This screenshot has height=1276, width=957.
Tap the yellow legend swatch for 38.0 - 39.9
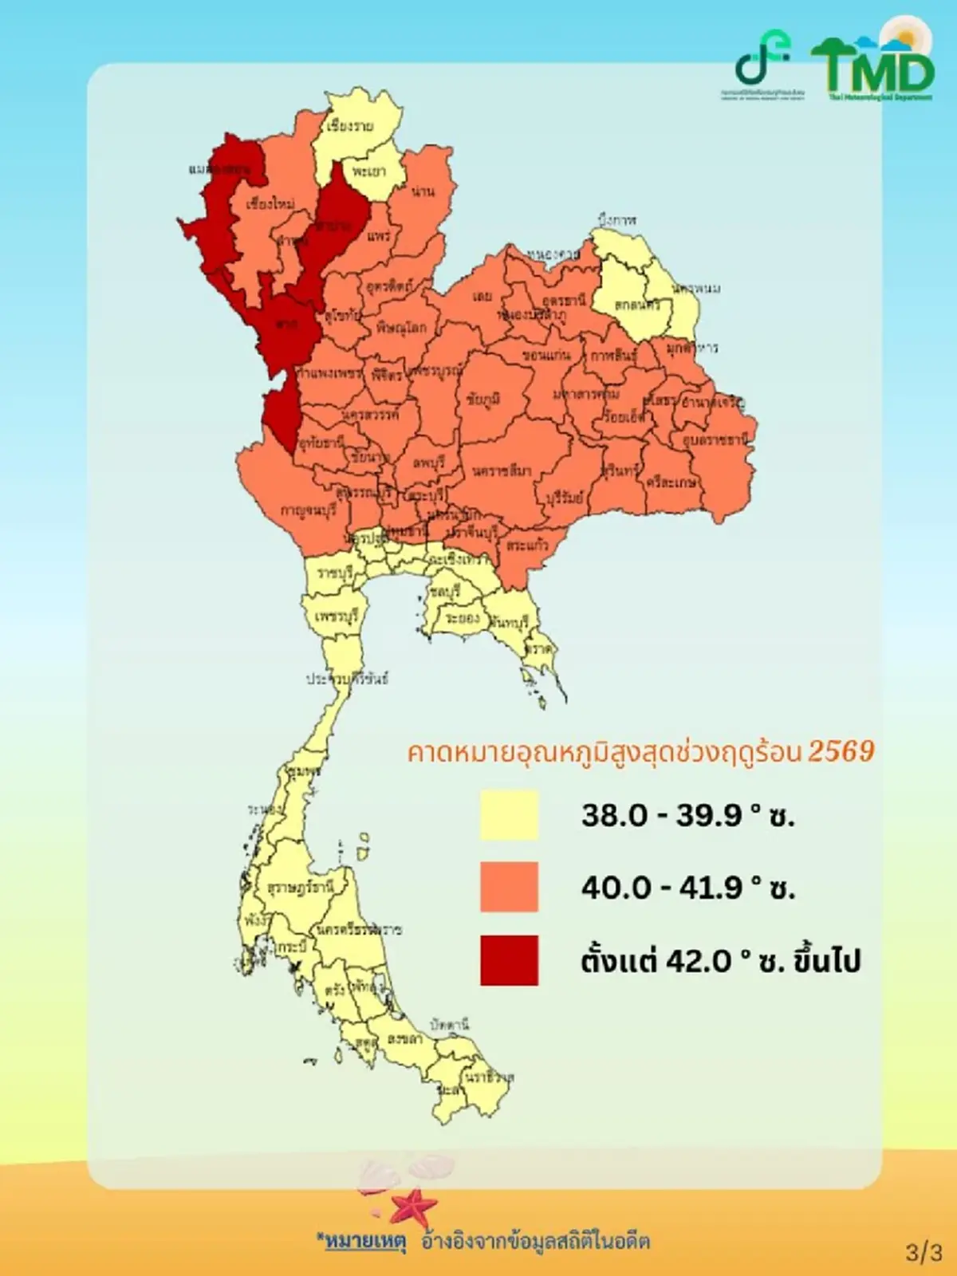(x=509, y=815)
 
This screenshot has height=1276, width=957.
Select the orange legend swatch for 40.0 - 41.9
(x=509, y=887)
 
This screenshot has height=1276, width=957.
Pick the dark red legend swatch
(x=509, y=960)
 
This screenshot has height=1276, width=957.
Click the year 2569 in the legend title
(x=841, y=751)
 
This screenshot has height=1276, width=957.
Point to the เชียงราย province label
(x=350, y=127)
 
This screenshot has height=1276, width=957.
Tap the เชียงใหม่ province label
(x=270, y=204)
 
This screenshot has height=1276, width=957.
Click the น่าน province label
(x=423, y=191)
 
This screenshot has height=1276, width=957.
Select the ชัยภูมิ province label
(x=483, y=400)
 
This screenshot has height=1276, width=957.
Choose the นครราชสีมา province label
(x=501, y=471)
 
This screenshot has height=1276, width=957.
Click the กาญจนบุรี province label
(x=308, y=510)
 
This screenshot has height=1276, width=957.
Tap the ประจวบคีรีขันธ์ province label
(x=348, y=679)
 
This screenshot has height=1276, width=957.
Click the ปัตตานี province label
(x=449, y=1023)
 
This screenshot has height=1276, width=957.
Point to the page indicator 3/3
(x=924, y=1252)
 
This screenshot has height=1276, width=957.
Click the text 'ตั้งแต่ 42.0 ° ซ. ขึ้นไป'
(x=720, y=961)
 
